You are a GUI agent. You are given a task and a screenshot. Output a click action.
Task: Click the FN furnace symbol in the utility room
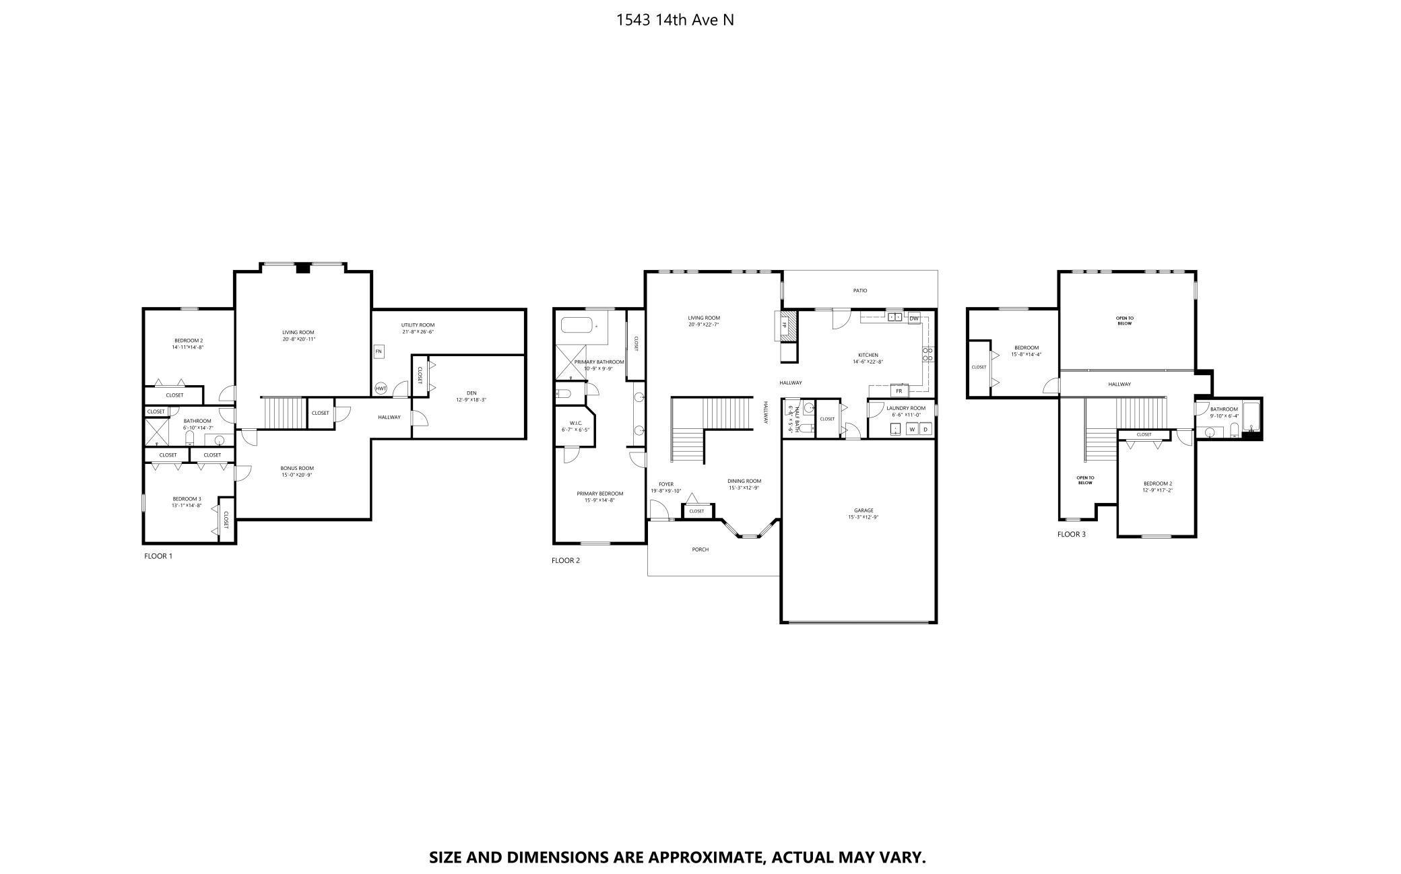pos(379,351)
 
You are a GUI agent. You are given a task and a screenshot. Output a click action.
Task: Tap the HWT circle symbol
pos(381,389)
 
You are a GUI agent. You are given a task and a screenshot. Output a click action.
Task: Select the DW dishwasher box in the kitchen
pos(914,318)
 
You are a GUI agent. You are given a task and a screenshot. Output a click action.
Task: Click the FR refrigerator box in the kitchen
pos(899,391)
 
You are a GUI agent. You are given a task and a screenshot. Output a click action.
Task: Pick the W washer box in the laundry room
pos(912,430)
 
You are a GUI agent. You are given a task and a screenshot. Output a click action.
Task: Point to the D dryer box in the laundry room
pos(925,430)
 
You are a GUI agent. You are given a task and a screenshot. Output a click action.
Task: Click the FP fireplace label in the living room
pos(784,325)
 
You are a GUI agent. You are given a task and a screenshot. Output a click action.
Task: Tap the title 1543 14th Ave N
pos(675,20)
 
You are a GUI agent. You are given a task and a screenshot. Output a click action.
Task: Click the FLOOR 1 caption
pos(158,556)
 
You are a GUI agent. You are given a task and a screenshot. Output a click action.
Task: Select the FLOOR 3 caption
pos(1071,535)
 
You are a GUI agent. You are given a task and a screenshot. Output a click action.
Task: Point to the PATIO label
pos(860,291)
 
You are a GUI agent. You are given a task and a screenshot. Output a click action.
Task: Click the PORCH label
pos(700,549)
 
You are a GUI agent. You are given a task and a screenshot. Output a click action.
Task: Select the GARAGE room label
pos(864,510)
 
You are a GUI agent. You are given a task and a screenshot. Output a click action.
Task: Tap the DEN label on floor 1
pos(471,393)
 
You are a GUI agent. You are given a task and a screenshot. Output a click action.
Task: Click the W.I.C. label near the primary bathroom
pos(575,424)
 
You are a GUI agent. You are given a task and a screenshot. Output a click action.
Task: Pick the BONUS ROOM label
pos(297,468)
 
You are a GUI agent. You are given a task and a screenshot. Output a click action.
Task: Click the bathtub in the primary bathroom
pos(579,327)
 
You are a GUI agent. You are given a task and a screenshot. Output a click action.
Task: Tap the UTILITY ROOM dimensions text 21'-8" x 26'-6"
pos(418,332)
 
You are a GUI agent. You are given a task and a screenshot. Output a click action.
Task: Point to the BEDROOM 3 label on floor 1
pos(187,499)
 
